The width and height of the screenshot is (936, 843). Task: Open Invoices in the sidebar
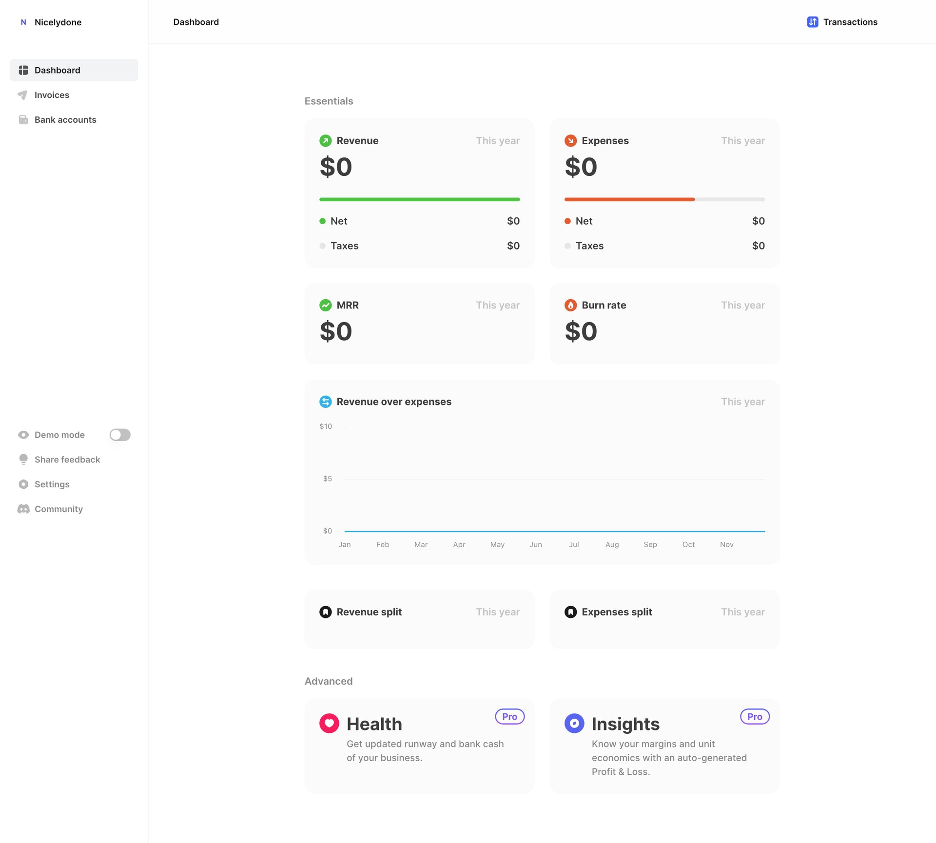tap(51, 95)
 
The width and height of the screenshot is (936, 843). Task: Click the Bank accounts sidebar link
tap(65, 120)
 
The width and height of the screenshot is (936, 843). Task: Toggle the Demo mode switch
tap(120, 435)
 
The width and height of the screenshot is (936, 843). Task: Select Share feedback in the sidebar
tap(67, 460)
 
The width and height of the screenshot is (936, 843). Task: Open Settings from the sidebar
tap(52, 484)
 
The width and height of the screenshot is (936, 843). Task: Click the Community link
tap(58, 509)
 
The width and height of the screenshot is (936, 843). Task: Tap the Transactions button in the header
tap(842, 22)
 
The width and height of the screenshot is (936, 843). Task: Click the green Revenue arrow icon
tap(325, 141)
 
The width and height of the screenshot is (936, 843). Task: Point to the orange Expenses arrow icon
tap(570, 141)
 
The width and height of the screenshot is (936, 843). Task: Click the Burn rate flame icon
tap(570, 306)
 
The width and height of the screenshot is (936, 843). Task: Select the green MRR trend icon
tap(325, 306)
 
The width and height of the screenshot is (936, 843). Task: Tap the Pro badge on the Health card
tap(509, 717)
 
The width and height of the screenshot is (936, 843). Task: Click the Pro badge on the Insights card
tap(755, 717)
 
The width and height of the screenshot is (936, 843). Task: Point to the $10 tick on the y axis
tap(326, 426)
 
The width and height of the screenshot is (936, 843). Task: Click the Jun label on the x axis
tap(535, 545)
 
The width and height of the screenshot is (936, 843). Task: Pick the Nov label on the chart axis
tap(726, 545)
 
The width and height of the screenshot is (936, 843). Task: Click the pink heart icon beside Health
tap(329, 724)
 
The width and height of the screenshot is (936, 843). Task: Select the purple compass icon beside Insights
tap(574, 724)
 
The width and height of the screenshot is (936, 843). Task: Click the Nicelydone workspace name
tap(58, 22)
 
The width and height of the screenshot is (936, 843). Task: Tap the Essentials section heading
tap(329, 101)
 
